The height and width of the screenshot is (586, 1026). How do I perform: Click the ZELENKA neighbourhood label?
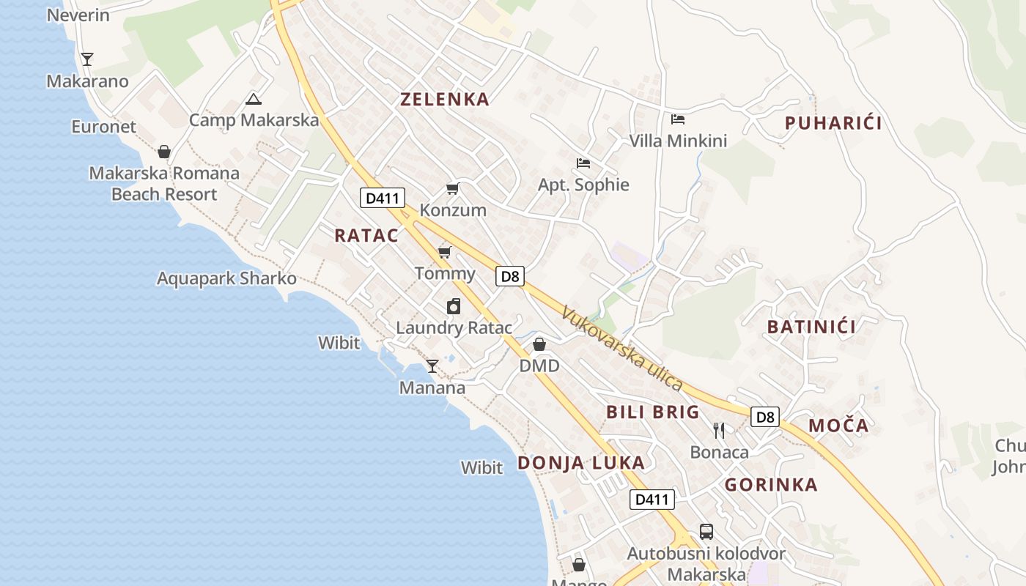[444, 100]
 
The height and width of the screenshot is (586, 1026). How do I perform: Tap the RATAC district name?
[366, 235]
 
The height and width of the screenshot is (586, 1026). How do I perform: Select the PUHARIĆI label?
[833, 123]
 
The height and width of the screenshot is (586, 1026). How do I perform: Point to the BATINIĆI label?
[811, 327]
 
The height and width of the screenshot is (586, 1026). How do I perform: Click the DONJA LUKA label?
[581, 463]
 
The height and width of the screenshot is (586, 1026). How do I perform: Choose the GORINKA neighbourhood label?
[771, 484]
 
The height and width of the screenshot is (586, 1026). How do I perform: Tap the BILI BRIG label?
[653, 412]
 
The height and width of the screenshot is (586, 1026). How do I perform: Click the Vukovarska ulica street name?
[622, 349]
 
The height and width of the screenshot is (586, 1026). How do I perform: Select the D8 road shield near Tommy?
[510, 276]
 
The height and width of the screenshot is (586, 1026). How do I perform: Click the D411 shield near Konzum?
[383, 198]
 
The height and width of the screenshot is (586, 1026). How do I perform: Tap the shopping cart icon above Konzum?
[453, 189]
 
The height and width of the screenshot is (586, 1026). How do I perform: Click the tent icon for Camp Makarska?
[254, 100]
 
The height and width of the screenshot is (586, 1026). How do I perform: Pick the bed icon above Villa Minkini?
[678, 119]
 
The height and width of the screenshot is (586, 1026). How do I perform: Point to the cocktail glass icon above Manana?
[432, 366]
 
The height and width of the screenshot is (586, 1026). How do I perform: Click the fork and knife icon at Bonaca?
[719, 430]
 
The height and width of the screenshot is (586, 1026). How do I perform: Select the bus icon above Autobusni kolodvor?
[706, 532]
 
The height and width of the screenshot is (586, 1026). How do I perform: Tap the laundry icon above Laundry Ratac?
[454, 306]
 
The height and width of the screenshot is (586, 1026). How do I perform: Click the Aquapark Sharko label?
[226, 278]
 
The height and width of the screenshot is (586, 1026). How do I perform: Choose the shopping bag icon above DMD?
[539, 344]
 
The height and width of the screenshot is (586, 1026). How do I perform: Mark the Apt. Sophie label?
[583, 185]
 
